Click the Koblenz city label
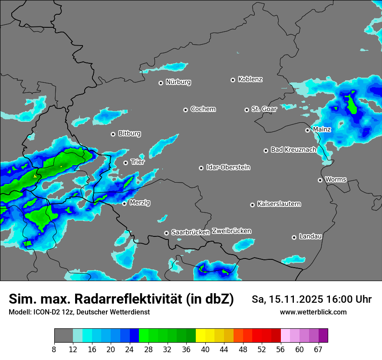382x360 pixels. pos(250,79)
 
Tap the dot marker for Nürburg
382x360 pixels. pos(161,82)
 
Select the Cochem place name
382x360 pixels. pos(203,109)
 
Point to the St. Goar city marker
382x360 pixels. pos(247,110)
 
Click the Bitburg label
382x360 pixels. pos(129,134)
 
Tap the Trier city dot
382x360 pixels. pos(125,163)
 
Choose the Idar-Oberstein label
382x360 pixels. pos(228,167)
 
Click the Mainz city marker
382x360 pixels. pos(307,130)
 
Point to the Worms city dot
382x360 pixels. pos(320,180)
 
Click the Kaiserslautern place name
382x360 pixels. pos(279,204)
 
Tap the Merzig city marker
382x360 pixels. pos(124,203)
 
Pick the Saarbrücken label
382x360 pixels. pos(190,232)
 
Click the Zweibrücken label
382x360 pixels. pos(231,231)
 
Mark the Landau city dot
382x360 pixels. pos(294,237)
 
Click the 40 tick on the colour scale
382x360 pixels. pos(205,350)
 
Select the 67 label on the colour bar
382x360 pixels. pos(318,350)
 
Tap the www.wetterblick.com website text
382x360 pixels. pos(313,312)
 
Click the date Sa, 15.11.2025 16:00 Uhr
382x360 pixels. pos(311,299)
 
